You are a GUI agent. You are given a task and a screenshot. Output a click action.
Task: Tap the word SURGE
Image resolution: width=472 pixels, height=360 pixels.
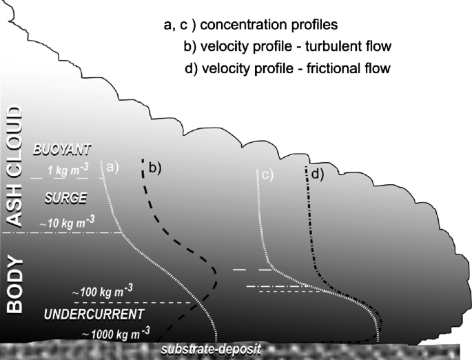(65, 197)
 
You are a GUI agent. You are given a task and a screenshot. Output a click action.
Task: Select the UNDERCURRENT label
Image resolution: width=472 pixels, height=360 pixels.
(94, 314)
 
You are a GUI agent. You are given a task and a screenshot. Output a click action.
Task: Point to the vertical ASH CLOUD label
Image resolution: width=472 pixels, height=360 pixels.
(14, 166)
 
